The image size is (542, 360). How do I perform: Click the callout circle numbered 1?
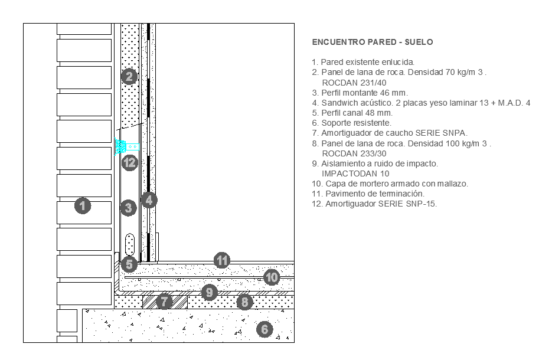point(83,206)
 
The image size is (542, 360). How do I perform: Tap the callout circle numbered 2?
point(129,76)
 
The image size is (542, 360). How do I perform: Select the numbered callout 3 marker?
point(128,208)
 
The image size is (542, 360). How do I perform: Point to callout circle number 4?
point(149,200)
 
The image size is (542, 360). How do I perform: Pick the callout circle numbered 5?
point(129,264)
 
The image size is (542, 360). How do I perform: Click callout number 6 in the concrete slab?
point(265,329)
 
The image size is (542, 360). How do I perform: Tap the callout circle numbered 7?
point(164,302)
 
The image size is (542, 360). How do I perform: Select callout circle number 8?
point(245,302)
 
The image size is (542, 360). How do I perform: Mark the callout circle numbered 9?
point(210,293)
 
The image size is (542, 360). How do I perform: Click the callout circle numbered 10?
point(272,277)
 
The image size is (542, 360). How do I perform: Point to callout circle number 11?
point(222,260)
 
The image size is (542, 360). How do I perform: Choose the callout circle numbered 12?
point(130,162)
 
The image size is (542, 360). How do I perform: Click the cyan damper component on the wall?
point(127,147)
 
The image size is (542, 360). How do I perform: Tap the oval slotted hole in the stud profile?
point(130,244)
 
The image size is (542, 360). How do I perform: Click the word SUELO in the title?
point(419,42)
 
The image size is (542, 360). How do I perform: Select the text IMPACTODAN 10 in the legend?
point(355,174)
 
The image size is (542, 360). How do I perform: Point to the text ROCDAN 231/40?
point(354,83)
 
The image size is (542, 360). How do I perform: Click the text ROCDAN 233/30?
point(354,154)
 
